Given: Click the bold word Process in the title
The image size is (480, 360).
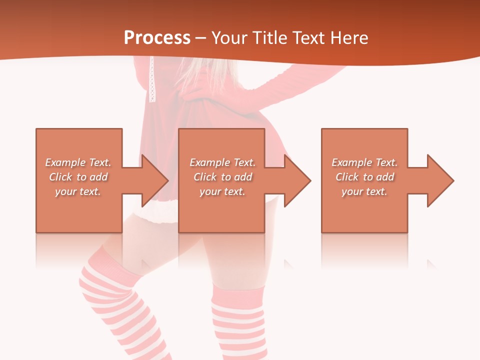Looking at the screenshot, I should click(157, 38).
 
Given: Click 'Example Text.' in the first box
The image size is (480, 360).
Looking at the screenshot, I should click(78, 162).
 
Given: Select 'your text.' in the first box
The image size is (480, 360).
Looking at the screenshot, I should click(78, 191).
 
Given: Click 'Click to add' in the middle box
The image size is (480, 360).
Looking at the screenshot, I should click(222, 177).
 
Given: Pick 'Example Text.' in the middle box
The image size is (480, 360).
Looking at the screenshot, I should click(222, 162).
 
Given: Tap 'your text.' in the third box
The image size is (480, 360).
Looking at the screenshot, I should click(364, 191).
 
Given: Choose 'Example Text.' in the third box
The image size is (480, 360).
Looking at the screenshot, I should click(364, 162).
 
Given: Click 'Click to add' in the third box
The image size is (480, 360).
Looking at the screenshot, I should click(364, 177).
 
